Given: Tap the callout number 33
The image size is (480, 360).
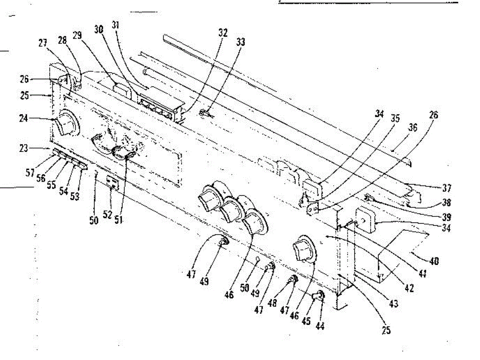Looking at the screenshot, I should point(241,42).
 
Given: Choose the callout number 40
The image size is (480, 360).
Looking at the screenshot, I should point(434,261).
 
